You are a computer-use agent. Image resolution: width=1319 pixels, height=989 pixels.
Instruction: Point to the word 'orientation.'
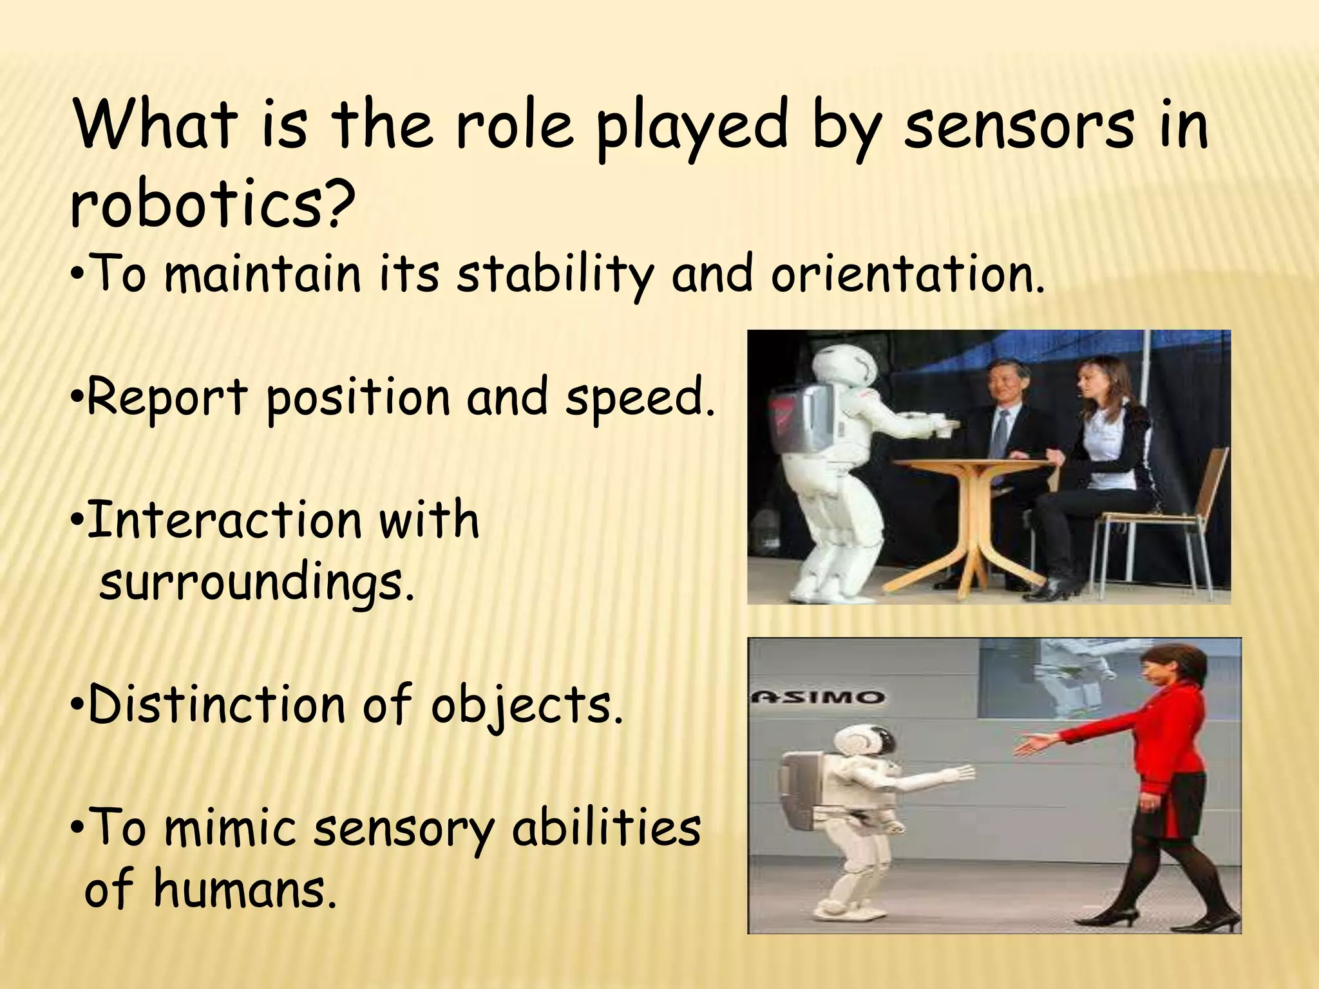point(907,274)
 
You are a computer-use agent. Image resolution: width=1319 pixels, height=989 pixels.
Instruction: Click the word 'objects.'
point(527,706)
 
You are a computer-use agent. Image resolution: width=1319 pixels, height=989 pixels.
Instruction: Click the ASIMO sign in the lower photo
point(820,697)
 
